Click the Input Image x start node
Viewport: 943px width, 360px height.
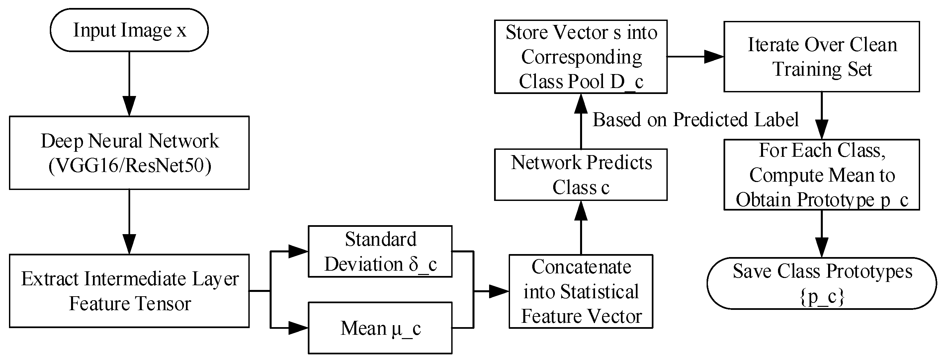click(129, 30)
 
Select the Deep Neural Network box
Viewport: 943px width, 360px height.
click(129, 153)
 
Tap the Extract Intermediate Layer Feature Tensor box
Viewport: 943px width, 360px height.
click(129, 291)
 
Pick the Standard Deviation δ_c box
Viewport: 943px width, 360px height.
click(380, 251)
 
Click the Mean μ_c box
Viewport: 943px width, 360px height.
click(380, 328)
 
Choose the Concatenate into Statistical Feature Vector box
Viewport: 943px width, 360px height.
click(581, 291)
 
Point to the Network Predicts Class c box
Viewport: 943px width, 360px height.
click(581, 174)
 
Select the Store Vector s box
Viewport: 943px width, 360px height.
click(581, 57)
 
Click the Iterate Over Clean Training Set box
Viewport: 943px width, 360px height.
click(822, 56)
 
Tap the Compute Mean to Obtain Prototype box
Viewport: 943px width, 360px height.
click(822, 175)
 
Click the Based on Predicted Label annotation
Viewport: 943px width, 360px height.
click(696, 120)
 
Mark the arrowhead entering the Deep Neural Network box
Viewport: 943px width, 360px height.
click(129, 106)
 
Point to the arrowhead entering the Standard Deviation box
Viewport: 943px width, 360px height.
click(299, 251)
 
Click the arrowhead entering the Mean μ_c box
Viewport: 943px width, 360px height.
click(299, 328)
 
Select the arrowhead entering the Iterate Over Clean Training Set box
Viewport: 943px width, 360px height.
click(714, 57)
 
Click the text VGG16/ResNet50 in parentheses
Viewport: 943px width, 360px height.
click(130, 165)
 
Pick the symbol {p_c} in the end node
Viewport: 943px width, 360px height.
click(822, 297)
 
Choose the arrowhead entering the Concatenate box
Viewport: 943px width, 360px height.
click(499, 291)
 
